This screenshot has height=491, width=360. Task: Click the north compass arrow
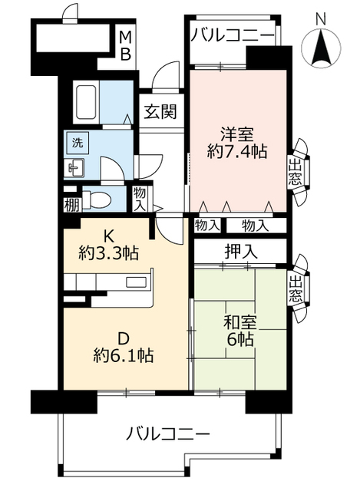321,46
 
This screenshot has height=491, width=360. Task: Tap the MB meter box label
126,46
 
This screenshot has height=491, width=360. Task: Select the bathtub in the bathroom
86,102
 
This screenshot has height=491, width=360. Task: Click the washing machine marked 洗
78,143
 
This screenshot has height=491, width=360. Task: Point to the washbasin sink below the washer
76,168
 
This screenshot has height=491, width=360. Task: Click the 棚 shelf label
71,205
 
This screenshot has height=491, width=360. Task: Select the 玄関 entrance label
160,111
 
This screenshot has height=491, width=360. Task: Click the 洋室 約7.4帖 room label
237,143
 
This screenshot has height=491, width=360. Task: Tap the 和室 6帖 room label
240,331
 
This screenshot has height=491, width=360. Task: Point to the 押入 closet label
241,252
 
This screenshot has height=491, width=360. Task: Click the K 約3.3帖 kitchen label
108,245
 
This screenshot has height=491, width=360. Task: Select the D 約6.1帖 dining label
123,347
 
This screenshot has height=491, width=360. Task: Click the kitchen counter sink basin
137,282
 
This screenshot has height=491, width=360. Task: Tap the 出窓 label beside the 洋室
295,173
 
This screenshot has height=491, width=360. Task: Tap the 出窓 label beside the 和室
296,289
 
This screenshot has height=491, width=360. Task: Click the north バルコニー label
233,35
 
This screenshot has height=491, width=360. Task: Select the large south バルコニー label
168,434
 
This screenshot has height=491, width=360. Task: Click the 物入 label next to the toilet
140,199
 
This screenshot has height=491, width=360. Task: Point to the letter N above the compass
321,19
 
